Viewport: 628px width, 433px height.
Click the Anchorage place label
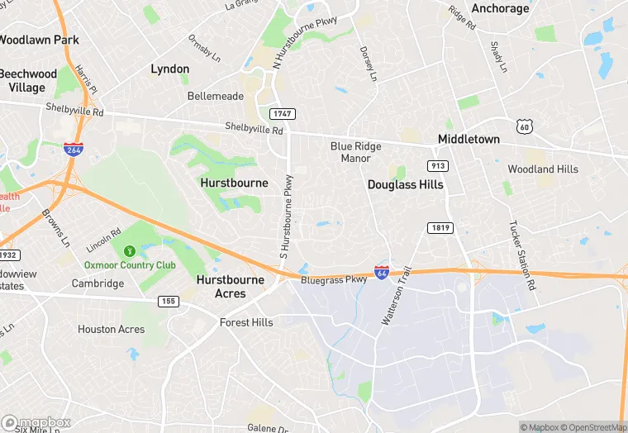click(499, 8)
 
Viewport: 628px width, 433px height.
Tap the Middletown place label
click(469, 139)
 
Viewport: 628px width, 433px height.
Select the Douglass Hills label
click(405, 184)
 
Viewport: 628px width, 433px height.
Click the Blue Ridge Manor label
click(356, 152)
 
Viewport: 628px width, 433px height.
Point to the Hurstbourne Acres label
click(231, 287)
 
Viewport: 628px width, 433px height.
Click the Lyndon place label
click(169, 69)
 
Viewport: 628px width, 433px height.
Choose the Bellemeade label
click(216, 96)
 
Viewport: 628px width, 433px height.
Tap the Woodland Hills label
click(543, 169)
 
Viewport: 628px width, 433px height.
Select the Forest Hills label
click(246, 322)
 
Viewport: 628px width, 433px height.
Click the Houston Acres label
click(111, 329)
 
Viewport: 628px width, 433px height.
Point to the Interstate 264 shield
click(73, 149)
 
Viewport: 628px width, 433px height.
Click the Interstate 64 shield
click(381, 272)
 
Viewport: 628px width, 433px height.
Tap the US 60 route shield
click(524, 126)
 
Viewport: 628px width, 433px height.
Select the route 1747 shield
click(282, 113)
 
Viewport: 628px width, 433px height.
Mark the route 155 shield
click(169, 302)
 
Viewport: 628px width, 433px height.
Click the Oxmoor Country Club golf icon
click(129, 250)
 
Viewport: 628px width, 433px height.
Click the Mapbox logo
click(36, 421)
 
